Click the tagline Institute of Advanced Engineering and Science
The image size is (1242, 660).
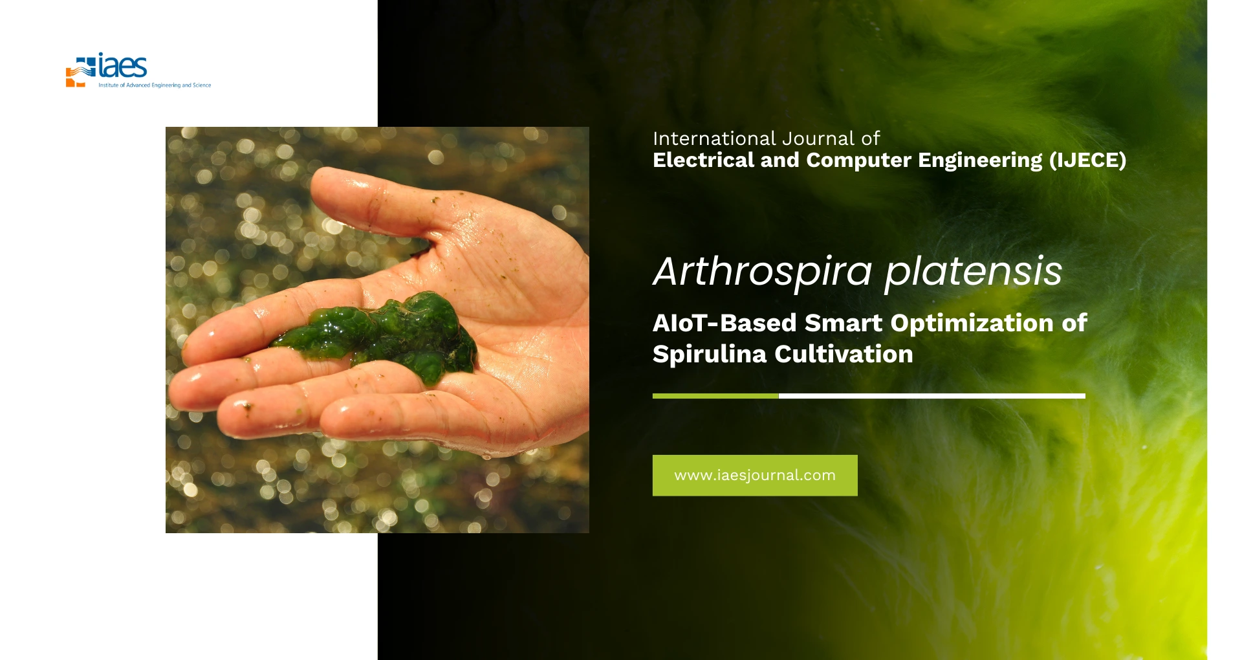coord(155,85)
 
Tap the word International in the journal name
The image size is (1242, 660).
coord(714,138)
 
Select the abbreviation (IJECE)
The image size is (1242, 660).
coord(1087,160)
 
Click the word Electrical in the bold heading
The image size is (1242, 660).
coord(703,160)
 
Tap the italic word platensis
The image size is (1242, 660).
coord(973,271)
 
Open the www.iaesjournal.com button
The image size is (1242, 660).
coord(755,476)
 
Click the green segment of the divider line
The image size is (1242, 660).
coord(715,396)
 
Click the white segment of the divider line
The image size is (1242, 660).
coord(932,396)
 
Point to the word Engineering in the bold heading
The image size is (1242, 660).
coord(980,160)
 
